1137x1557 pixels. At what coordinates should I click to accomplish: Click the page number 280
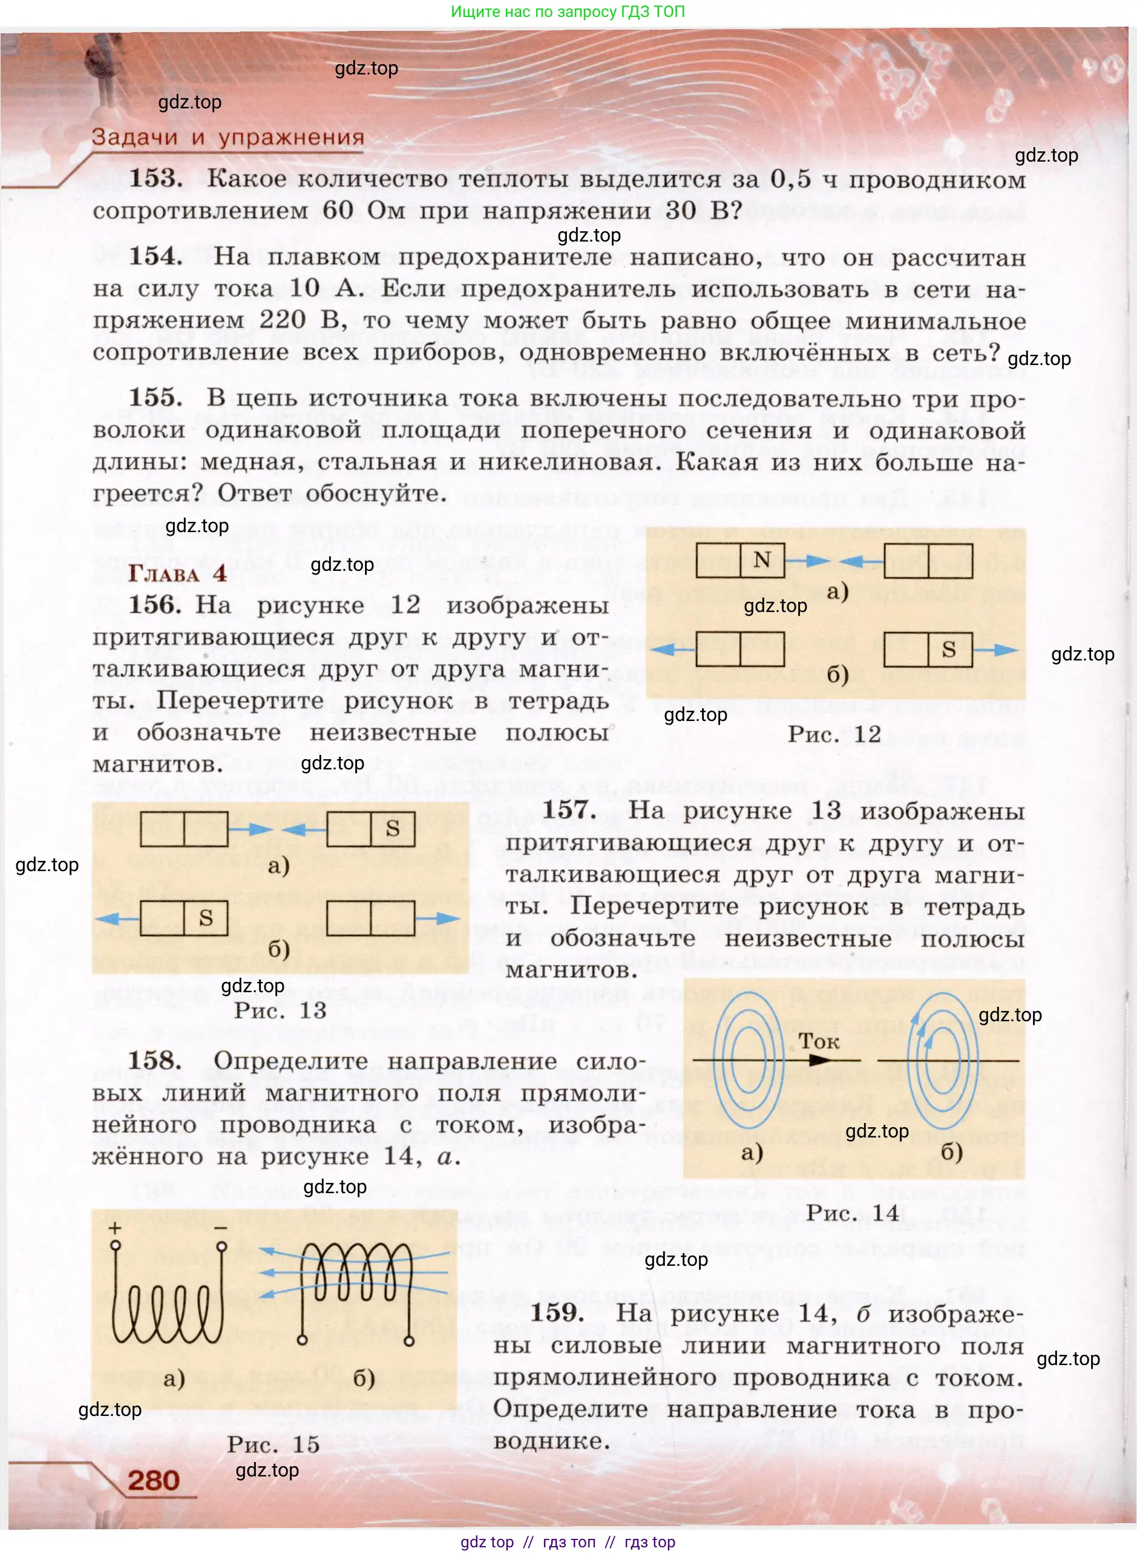click(x=153, y=1480)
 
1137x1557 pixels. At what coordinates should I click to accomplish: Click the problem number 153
click(x=156, y=179)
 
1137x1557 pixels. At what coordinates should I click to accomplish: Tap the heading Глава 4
click(x=177, y=573)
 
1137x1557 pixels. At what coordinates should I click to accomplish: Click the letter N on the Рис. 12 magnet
click(x=761, y=559)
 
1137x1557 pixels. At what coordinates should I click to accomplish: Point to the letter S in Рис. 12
click(x=948, y=650)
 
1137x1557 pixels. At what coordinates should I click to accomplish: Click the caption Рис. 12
click(x=834, y=734)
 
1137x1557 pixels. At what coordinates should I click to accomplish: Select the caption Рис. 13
click(x=280, y=1010)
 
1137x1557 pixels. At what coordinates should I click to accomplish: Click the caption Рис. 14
click(x=853, y=1213)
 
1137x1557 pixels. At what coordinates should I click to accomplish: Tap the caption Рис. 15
click(x=274, y=1444)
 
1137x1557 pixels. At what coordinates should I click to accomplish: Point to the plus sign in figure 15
click(x=115, y=1228)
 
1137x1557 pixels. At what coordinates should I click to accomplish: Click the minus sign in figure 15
click(x=221, y=1228)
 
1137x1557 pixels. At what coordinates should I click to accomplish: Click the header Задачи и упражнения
click(x=228, y=137)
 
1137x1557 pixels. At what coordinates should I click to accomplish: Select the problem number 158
click(x=155, y=1061)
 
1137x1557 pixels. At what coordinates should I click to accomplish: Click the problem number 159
click(x=557, y=1312)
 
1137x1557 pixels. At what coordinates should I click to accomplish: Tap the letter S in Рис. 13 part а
click(x=392, y=828)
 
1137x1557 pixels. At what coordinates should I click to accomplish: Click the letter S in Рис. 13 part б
click(x=206, y=918)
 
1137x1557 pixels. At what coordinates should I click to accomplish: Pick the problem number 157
click(x=569, y=810)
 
